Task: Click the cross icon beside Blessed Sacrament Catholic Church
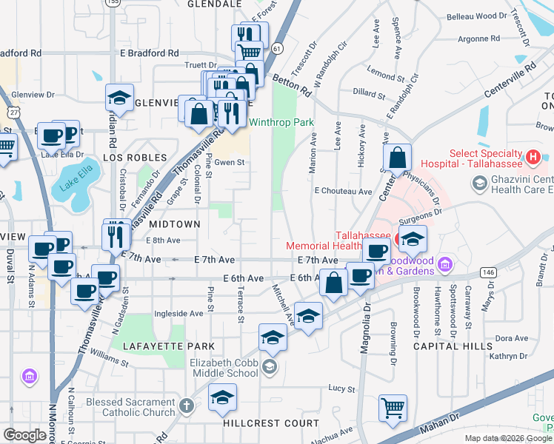(186, 406)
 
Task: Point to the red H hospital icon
(531, 157)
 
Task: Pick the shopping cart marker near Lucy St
(393, 407)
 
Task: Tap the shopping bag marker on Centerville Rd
(398, 157)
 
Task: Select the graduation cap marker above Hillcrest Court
(222, 398)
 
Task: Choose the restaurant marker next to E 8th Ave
(116, 235)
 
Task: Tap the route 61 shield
(277, 47)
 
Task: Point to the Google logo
(24, 435)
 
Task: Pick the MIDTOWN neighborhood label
(175, 223)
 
